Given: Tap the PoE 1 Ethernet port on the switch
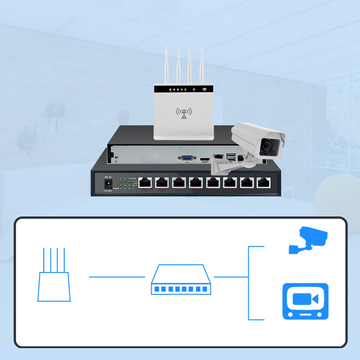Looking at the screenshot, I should [146, 183].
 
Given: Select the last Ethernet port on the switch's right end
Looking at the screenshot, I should [263, 183].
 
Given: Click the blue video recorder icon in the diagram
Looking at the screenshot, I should [305, 301].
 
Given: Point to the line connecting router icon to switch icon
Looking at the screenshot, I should [117, 277].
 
